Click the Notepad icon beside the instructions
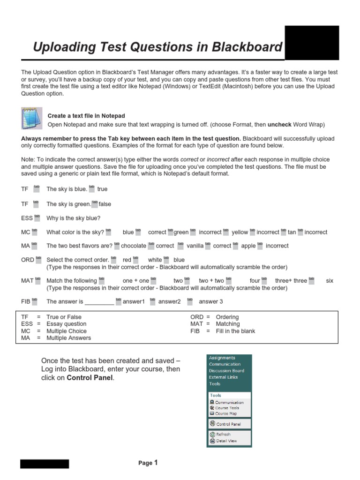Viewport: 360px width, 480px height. [31, 118]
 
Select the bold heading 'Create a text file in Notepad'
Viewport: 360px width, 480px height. [86, 116]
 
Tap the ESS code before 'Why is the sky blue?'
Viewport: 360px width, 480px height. [27, 218]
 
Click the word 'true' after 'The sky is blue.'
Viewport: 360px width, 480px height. [102, 189]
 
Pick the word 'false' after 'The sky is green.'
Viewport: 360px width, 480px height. [105, 204]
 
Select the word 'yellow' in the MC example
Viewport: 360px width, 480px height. [240, 232]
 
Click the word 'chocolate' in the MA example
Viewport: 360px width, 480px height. [134, 246]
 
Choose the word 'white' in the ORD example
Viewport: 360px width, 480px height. [155, 260]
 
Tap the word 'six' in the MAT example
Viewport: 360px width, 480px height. [330, 281]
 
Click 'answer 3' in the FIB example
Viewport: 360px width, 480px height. [211, 302]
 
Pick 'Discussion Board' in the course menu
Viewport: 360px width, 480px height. [226, 371]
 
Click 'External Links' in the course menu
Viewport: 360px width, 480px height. [223, 377]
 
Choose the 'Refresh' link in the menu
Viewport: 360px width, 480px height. [223, 435]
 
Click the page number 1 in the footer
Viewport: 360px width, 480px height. [156, 463]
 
